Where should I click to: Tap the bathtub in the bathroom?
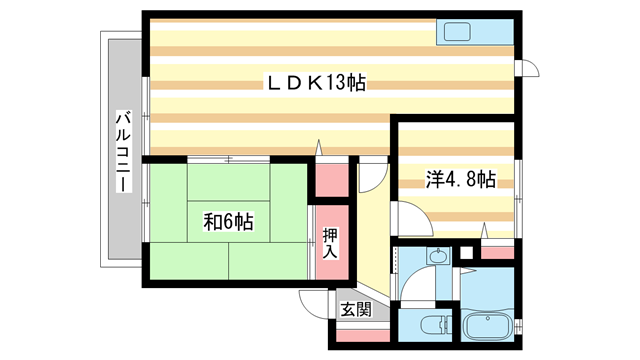487,327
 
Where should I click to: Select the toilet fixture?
427,326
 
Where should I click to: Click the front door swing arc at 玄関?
314,302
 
